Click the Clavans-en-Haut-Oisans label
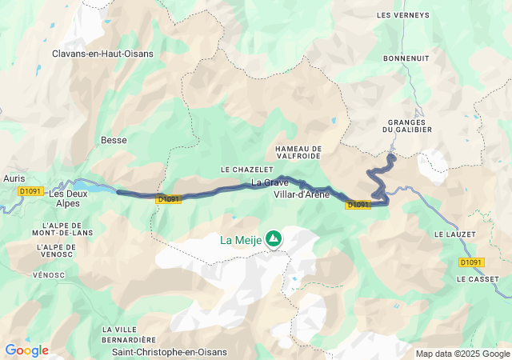(x=102, y=54)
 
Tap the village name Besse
(x=114, y=140)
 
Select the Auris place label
(x=14, y=179)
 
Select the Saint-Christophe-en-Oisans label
(x=169, y=352)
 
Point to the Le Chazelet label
(x=242, y=170)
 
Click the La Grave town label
(x=269, y=182)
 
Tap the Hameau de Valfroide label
(x=298, y=152)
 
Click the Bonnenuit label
(x=406, y=58)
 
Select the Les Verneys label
(x=398, y=14)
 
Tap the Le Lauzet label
(x=455, y=234)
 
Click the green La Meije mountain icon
(x=274, y=238)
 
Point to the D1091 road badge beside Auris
(x=30, y=191)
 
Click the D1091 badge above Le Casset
(x=472, y=262)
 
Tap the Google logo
(x=26, y=350)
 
